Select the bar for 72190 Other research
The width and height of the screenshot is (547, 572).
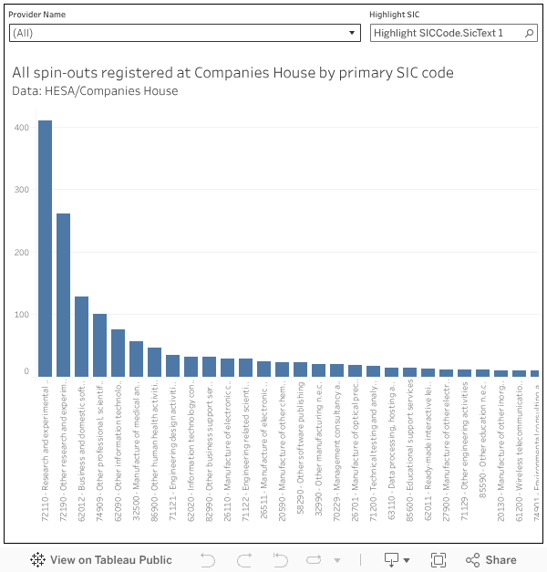pos(63,295)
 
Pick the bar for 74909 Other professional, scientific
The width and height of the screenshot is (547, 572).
pos(99,345)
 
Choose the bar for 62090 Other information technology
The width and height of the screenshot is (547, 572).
pos(118,353)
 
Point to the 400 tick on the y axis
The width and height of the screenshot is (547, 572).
pos(20,127)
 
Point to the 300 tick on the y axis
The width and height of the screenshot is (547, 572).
pos(20,190)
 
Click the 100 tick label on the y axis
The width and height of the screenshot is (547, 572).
pos(20,315)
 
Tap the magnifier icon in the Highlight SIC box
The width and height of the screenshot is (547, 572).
pos(529,33)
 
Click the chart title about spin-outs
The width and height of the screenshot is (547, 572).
pos(232,73)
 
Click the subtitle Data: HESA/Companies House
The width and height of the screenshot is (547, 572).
pos(96,91)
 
